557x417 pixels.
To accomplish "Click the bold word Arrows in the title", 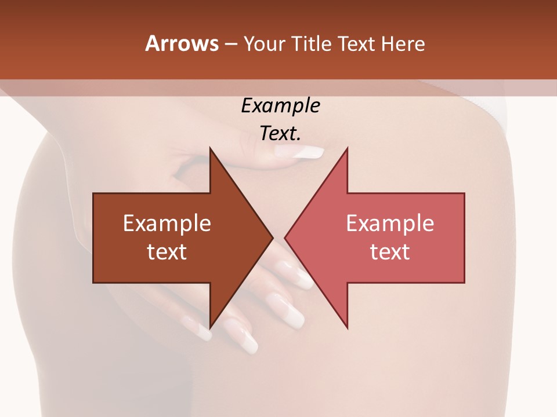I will click(182, 43).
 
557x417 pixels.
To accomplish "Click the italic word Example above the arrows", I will click(280, 105).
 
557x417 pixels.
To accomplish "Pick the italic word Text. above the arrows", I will click(280, 133).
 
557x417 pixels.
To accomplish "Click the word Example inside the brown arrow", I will click(167, 224).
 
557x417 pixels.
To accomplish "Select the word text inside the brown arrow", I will click(167, 251).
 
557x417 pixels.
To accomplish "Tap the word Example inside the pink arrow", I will click(390, 224).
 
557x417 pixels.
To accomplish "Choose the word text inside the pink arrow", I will click(390, 251).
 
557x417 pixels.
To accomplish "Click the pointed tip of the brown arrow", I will click(273, 237).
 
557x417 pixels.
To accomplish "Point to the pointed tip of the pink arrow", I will click(285, 237).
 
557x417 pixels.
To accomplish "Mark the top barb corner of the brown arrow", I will click(209, 148).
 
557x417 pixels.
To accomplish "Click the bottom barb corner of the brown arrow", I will click(209, 328).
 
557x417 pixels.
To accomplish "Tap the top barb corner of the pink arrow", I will click(348, 148).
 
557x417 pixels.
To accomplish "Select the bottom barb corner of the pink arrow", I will click(348, 328).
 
